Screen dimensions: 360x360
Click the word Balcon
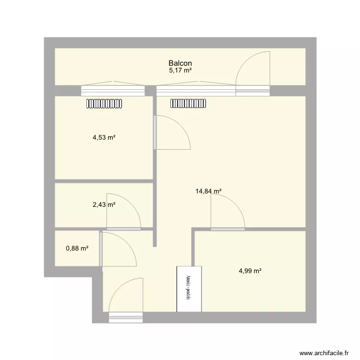[x=180, y=63]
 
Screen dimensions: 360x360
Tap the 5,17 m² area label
[x=180, y=71]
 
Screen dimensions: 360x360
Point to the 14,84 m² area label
[x=208, y=191]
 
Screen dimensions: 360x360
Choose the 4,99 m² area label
[x=250, y=271]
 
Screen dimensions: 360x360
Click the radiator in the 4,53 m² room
[x=105, y=103]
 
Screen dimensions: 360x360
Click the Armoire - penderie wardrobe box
[x=189, y=289]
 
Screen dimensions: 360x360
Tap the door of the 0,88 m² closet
[x=118, y=249]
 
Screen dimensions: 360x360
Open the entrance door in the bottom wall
[x=126, y=300]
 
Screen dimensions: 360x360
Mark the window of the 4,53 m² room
[x=113, y=91]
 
